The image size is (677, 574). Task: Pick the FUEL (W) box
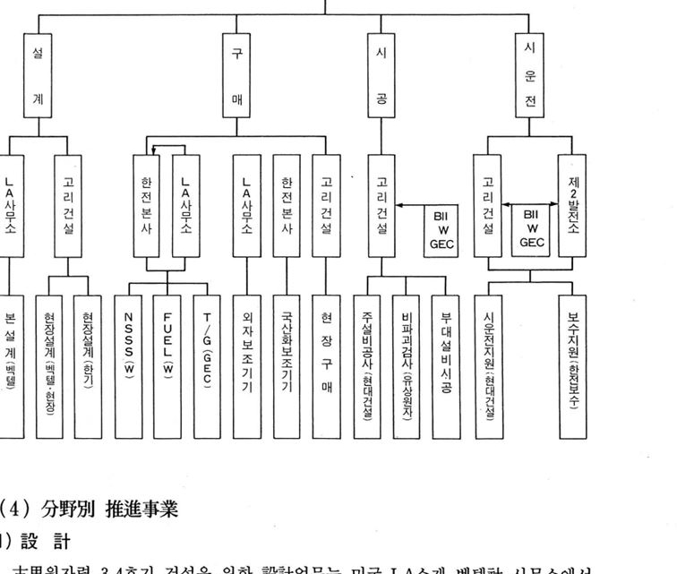(x=167, y=362)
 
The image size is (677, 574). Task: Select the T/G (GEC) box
(x=206, y=362)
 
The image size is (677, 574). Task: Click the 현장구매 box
(x=325, y=362)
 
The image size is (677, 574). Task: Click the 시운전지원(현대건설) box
(x=488, y=362)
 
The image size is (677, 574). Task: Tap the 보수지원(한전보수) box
(x=573, y=362)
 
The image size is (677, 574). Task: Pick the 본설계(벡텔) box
(x=13, y=362)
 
